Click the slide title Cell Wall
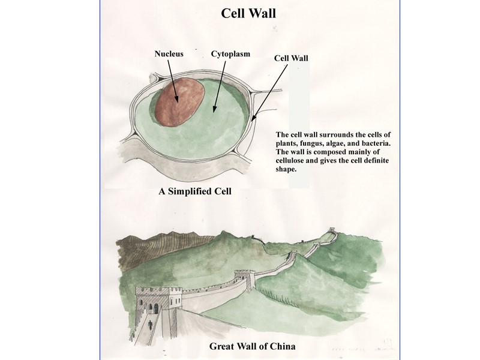pyautogui.click(x=248, y=13)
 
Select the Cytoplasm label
pyautogui.click(x=230, y=54)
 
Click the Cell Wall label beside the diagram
pyautogui.click(x=291, y=58)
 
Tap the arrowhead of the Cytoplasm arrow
pyautogui.click(x=214, y=111)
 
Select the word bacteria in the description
pyautogui.click(x=374, y=143)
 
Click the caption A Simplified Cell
pyautogui.click(x=195, y=192)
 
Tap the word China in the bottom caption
pyautogui.click(x=281, y=346)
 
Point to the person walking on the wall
pyautogui.click(x=150, y=325)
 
